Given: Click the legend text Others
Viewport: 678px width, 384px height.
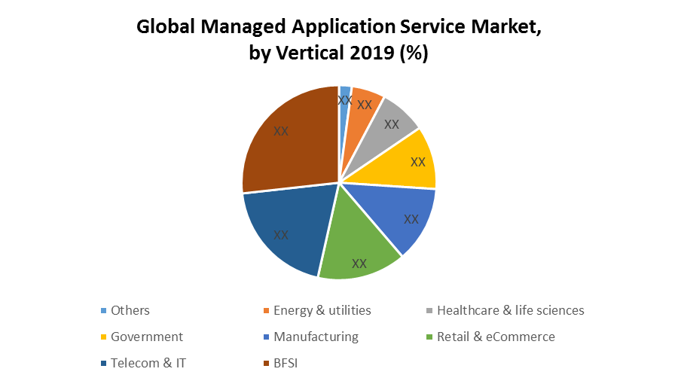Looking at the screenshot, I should click(130, 310).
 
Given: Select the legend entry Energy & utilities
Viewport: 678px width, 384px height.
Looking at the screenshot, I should click(322, 310).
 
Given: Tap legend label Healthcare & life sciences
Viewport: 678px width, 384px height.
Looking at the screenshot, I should click(510, 310).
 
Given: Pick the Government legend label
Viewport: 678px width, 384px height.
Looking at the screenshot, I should click(147, 337).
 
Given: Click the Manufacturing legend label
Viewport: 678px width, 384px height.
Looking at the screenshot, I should click(316, 337).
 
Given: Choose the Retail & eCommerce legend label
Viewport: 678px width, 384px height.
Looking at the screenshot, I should click(496, 337).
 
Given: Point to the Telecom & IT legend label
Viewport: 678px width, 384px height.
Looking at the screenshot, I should click(148, 363).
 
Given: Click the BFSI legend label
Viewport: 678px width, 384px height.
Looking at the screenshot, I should click(288, 363).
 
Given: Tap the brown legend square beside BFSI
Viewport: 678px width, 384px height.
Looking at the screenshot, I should click(267, 363).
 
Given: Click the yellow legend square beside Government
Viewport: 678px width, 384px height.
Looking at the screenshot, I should click(103, 337).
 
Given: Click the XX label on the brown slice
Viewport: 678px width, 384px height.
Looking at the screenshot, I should click(281, 131).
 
